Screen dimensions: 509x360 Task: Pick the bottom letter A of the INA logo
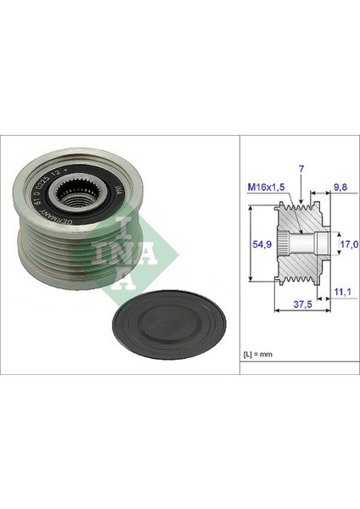[126, 281]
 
